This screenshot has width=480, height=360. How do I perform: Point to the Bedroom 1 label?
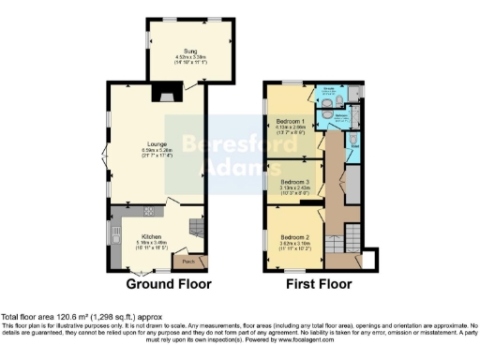pyautogui.click(x=292, y=122)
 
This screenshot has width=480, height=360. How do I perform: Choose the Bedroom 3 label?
pyautogui.click(x=292, y=181)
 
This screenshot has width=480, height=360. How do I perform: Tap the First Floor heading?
pyautogui.click(x=321, y=283)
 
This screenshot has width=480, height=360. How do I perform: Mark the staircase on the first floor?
pyautogui.click(x=352, y=234)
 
